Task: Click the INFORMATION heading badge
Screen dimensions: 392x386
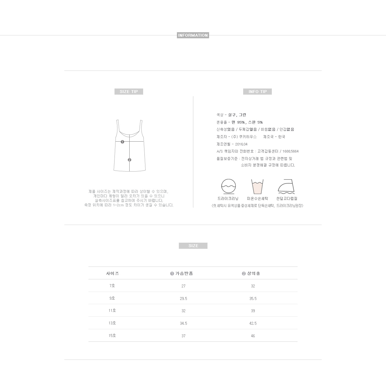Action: [x=193, y=35]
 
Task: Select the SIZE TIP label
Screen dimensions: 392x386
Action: [x=129, y=92]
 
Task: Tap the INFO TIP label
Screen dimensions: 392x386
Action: [x=257, y=92]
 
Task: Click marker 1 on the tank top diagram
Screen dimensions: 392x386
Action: [x=122, y=142]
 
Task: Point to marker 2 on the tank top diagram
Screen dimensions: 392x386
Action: [x=129, y=160]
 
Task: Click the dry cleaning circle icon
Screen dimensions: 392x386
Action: [x=228, y=186]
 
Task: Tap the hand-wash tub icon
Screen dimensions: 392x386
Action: [x=257, y=187]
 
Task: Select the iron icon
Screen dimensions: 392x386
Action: [x=286, y=187]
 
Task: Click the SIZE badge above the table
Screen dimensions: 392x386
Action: [x=193, y=246]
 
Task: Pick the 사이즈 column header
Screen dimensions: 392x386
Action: [x=112, y=274]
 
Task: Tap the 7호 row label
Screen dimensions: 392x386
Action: [x=112, y=286]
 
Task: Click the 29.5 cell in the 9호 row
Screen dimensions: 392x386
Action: [x=183, y=299]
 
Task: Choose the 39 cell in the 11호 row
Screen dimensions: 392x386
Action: [x=253, y=311]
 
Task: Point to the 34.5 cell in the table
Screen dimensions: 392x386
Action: [x=183, y=323]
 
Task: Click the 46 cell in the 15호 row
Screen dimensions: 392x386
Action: [x=253, y=336]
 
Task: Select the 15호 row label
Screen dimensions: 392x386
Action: [x=112, y=336]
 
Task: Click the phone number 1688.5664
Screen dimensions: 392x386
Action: [x=291, y=151]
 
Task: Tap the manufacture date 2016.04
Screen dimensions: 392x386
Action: [x=241, y=144]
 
